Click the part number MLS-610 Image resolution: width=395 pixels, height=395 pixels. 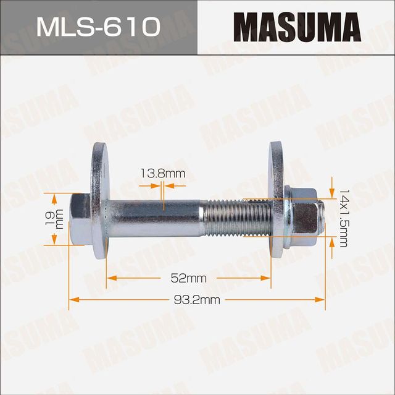98,27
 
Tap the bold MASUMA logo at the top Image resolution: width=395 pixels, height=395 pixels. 297,28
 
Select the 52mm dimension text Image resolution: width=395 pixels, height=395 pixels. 188,278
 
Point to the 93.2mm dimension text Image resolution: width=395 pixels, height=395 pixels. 197,300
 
